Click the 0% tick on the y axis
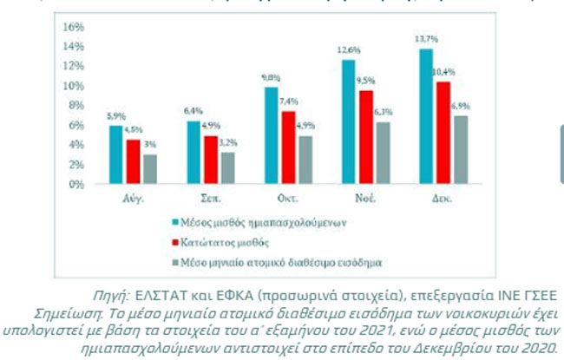pos(75,184)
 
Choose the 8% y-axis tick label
pos(75,105)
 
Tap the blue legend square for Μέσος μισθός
pos(175,222)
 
